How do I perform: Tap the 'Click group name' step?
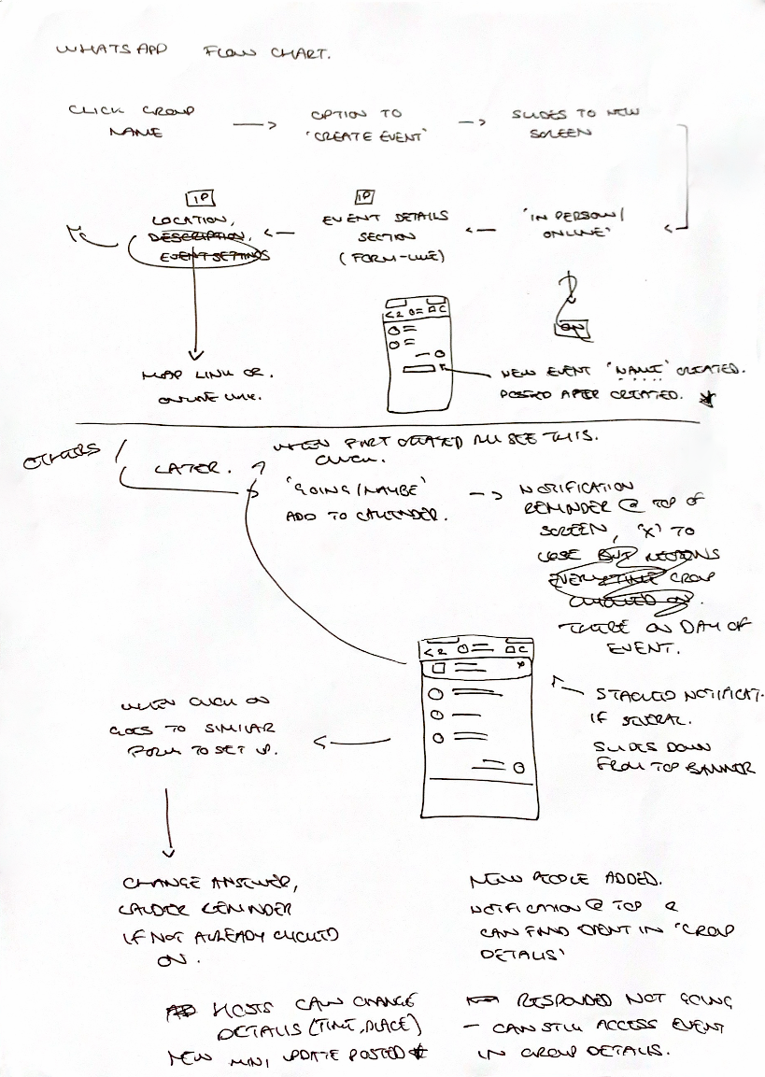pos(131,121)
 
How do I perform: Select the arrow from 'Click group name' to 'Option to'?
pos(250,126)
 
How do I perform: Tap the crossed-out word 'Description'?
pos(198,237)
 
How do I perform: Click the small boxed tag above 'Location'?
pos(200,198)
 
